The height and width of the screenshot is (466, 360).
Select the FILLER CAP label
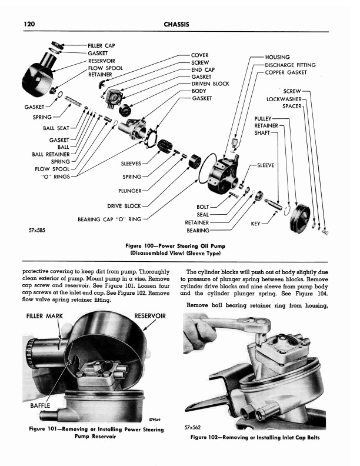pyautogui.click(x=101, y=45)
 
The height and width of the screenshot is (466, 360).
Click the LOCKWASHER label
pyautogui.click(x=284, y=99)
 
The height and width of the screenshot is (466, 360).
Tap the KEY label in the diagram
pyautogui.click(x=255, y=224)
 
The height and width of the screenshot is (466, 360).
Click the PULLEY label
pyautogui.click(x=263, y=118)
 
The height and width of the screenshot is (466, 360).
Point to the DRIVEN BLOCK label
pyautogui.click(x=210, y=84)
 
